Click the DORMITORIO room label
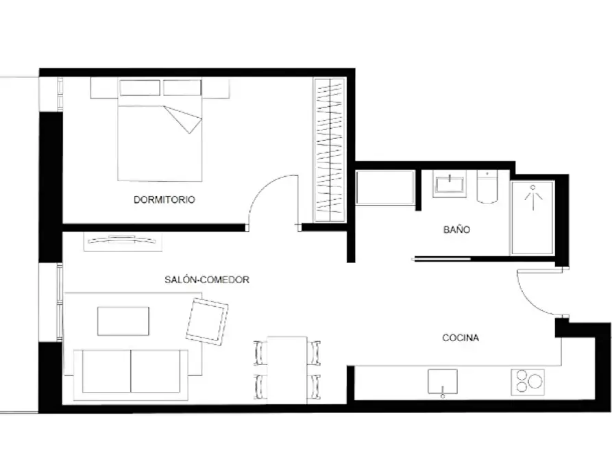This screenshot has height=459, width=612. [164, 200]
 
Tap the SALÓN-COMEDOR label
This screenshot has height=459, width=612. [207, 280]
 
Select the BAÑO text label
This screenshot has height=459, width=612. [456, 229]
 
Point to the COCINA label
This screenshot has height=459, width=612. [461, 338]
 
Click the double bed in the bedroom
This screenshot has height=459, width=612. [160, 130]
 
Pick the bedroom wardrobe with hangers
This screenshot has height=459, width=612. [330, 150]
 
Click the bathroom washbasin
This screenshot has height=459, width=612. [450, 184]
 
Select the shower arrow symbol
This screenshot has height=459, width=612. [533, 198]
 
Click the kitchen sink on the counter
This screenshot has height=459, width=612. [443, 382]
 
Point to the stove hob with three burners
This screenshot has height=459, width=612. [528, 382]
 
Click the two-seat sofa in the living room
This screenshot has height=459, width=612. [131, 375]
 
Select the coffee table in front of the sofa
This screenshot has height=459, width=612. [123, 321]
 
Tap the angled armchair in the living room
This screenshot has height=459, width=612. [207, 321]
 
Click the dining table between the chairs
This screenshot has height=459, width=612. [287, 370]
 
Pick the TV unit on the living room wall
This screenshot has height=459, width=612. [123, 242]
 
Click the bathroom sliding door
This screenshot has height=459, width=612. [442, 259]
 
